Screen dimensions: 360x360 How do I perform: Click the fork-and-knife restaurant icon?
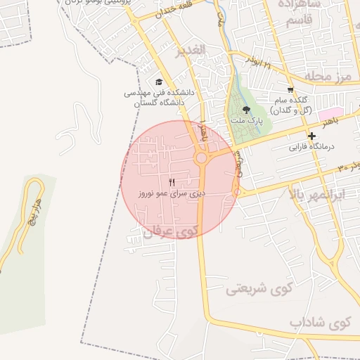(172, 182)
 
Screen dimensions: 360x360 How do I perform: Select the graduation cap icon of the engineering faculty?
(159, 82)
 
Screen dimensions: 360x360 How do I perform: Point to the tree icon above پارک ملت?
(246, 110)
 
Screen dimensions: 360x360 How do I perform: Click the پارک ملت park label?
(246, 120)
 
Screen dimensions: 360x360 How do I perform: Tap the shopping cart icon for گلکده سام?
(290, 90)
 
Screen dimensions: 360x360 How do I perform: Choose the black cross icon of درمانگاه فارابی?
(311, 136)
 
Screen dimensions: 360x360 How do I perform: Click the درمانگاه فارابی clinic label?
(314, 148)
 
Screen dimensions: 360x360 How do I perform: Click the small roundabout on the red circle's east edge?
(237, 191)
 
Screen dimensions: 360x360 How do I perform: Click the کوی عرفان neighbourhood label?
(171, 230)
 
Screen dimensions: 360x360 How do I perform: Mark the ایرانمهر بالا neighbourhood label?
(321, 191)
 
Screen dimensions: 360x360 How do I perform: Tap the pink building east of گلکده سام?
(330, 113)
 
